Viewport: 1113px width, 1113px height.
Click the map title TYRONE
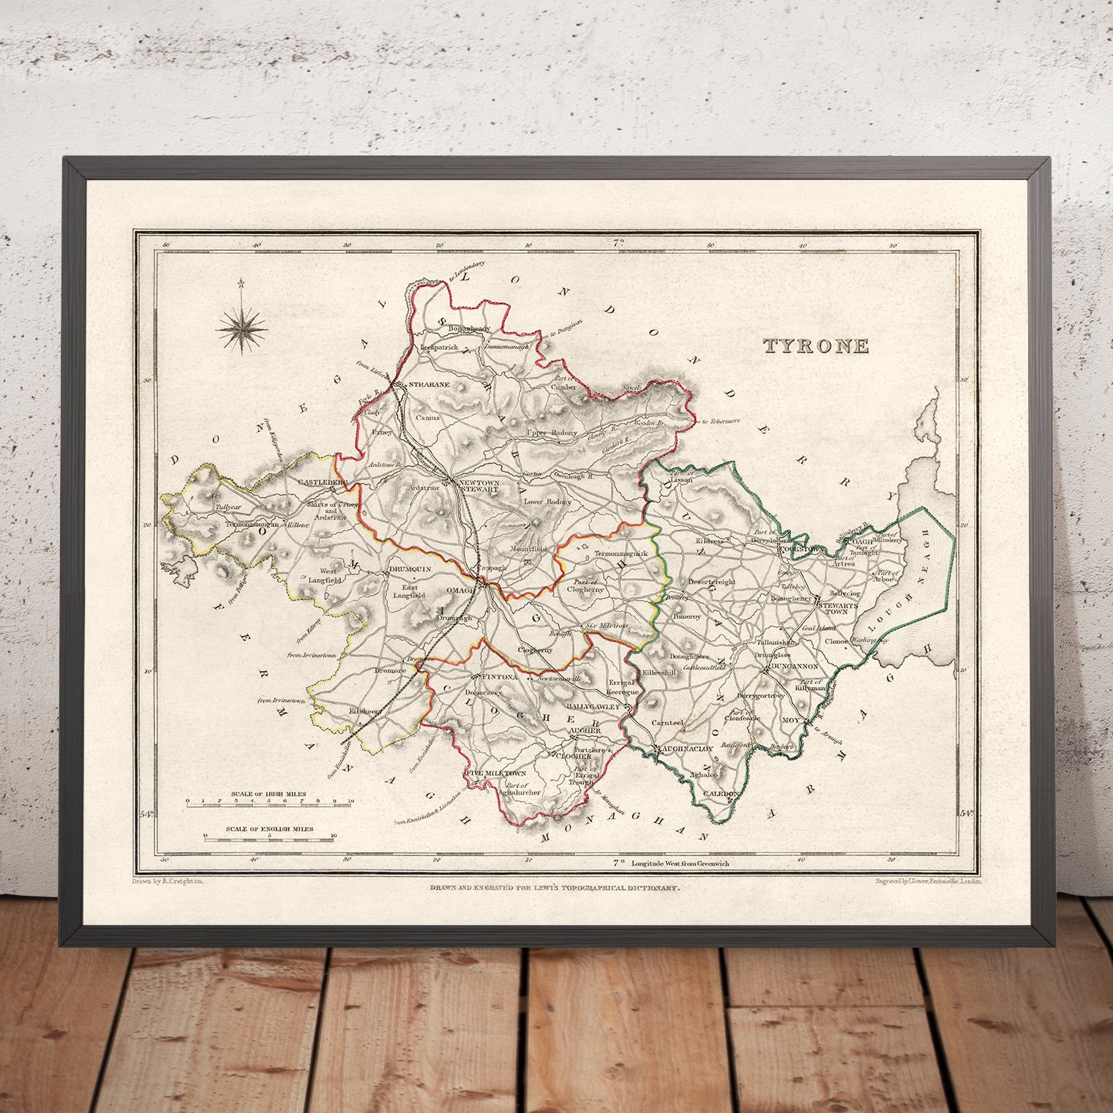pos(817,346)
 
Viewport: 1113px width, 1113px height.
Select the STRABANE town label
pos(429,384)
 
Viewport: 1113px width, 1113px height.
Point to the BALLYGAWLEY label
pos(593,707)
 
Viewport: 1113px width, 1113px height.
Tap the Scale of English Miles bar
pos(269,839)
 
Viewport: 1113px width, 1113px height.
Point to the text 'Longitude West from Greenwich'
pos(681,863)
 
